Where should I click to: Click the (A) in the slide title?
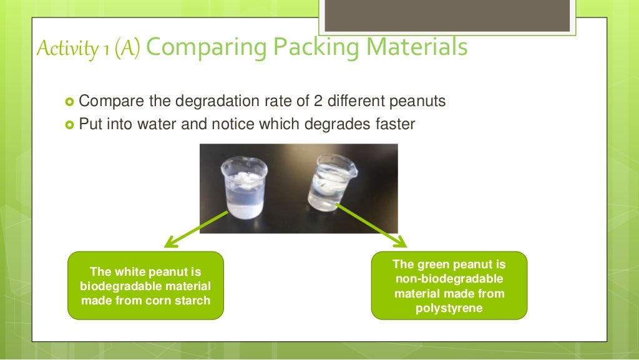[129, 49]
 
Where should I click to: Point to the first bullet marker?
[69, 102]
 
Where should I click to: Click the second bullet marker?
[69, 125]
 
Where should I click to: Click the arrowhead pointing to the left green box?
[170, 244]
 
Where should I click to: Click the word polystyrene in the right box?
[449, 308]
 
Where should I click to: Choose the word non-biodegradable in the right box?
[449, 279]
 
